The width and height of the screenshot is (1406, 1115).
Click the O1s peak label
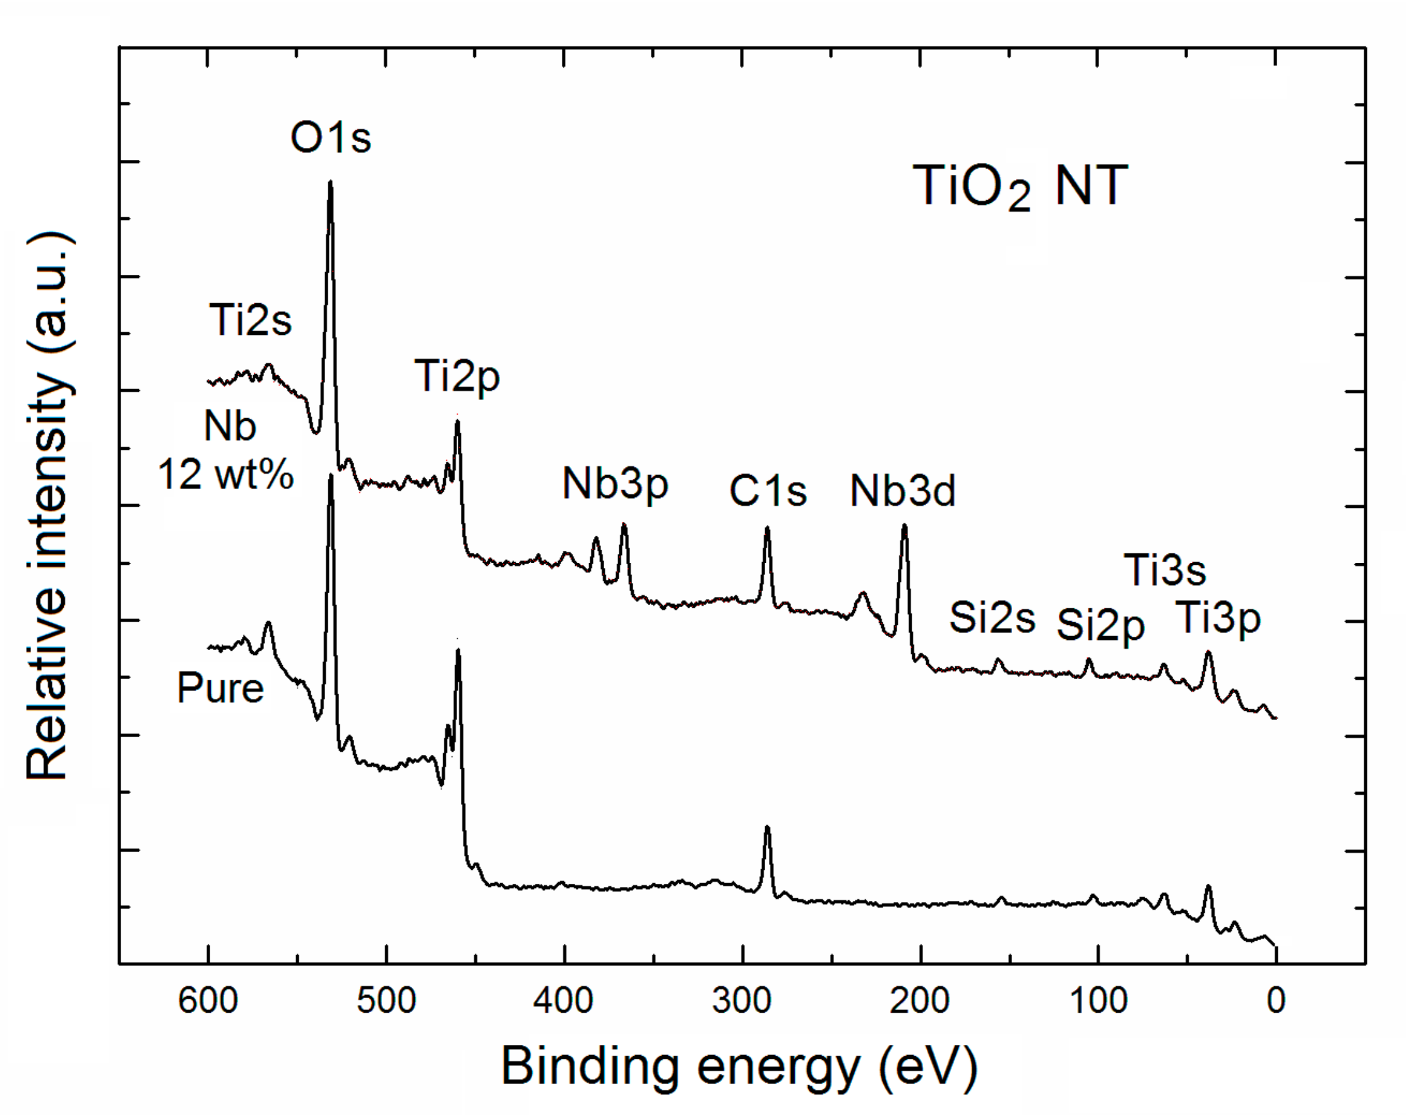(331, 139)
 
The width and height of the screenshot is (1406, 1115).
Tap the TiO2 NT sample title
(1020, 187)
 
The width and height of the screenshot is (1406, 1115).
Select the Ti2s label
(251, 321)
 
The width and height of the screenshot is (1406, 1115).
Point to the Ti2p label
(457, 377)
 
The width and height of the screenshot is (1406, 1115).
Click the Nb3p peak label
(615, 485)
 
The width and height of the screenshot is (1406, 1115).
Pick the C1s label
(768, 491)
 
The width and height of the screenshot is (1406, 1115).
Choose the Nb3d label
(903, 491)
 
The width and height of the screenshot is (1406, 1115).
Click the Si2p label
(1100, 625)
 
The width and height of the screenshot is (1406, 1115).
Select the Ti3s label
(1165, 570)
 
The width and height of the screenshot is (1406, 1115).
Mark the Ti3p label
(1217, 618)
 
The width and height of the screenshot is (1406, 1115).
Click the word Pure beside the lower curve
(220, 689)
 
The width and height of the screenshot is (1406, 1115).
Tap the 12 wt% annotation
(225, 474)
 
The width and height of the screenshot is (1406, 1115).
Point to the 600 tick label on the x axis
(208, 1000)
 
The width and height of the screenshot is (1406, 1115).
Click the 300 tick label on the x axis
(741, 1000)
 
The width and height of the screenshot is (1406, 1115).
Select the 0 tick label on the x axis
(1275, 1000)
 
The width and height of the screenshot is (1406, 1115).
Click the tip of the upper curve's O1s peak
(331, 182)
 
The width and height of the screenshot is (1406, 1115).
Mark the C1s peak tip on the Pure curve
(768, 828)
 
